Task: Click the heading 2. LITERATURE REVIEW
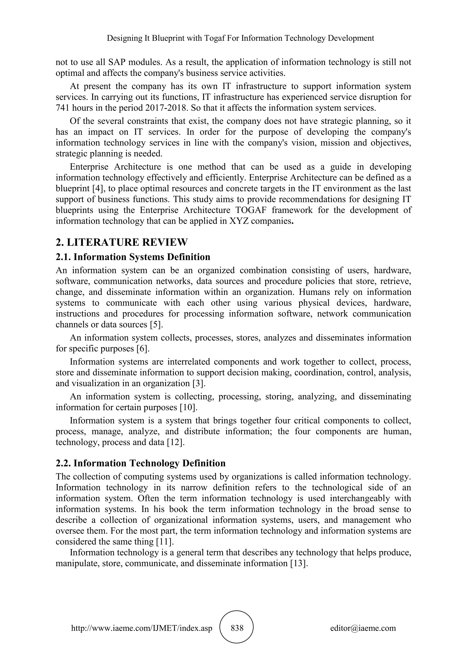[x=121, y=242]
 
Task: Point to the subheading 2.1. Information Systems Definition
[x=133, y=257]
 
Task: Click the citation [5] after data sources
[x=156, y=325]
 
